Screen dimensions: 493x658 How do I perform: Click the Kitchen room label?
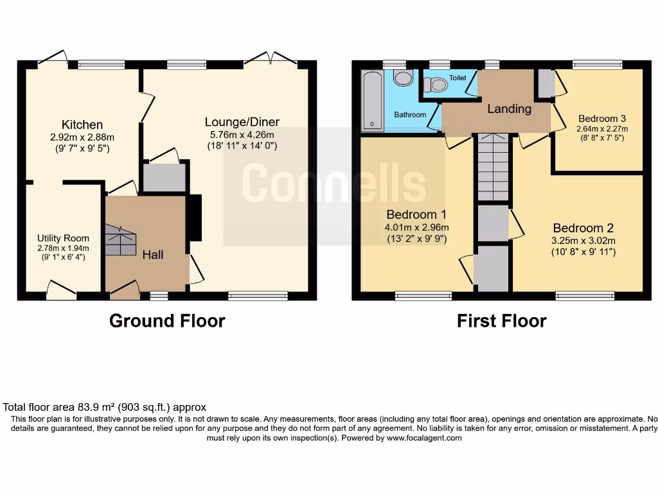pyautogui.click(x=82, y=125)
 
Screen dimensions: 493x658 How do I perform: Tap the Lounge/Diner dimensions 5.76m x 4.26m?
pyautogui.click(x=242, y=135)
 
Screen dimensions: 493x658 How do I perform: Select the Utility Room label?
pyautogui.click(x=63, y=238)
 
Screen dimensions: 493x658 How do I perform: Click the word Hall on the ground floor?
pyautogui.click(x=153, y=255)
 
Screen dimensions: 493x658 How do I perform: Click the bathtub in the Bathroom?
pyautogui.click(x=371, y=101)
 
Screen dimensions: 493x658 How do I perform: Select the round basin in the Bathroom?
pyautogui.click(x=403, y=78)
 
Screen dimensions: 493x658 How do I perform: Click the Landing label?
pyautogui.click(x=509, y=108)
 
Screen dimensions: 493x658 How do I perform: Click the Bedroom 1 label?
pyautogui.click(x=416, y=214)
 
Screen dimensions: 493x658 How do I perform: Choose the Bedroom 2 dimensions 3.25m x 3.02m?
pyautogui.click(x=583, y=241)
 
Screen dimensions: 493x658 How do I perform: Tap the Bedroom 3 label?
pyautogui.click(x=601, y=119)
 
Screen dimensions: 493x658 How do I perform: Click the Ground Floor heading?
pyautogui.click(x=167, y=320)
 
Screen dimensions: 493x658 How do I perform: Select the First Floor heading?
pyautogui.click(x=501, y=320)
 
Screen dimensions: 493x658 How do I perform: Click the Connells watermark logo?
pyautogui.click(x=334, y=181)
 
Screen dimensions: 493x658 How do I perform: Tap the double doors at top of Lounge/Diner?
pyautogui.click(x=270, y=59)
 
